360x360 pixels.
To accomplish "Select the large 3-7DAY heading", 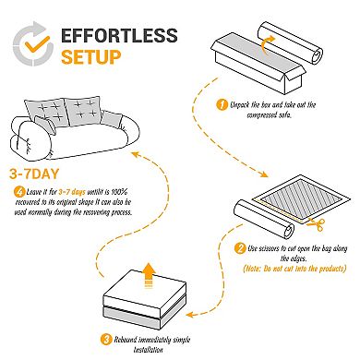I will (38, 173).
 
